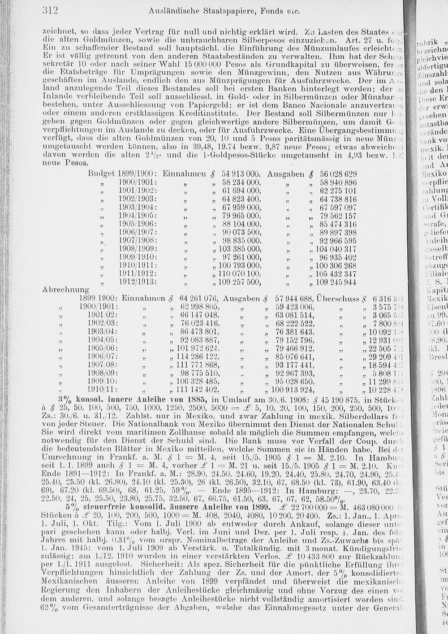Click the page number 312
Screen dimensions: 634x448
click(51, 10)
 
